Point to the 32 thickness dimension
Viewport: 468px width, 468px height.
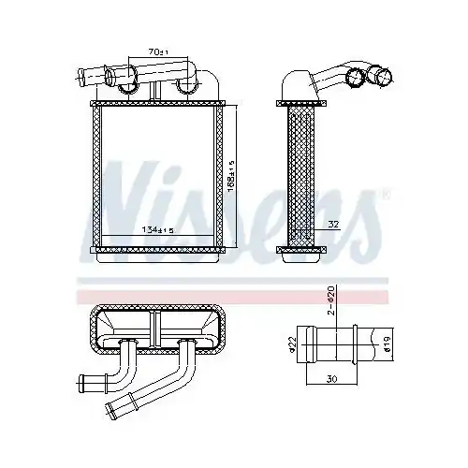(x=333, y=225)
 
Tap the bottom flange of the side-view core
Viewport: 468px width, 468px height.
(x=301, y=249)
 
